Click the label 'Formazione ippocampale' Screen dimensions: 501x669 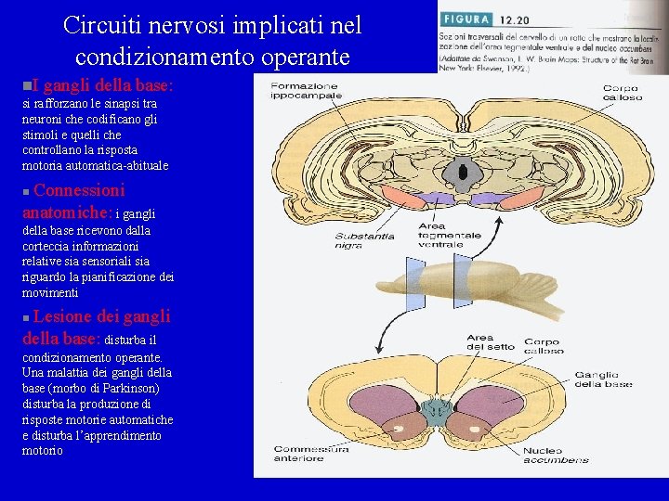coord(306,91)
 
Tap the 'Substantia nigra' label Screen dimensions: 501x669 coord(364,239)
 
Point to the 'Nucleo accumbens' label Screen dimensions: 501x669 coord(556,455)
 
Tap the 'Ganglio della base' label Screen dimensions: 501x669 coord(603,379)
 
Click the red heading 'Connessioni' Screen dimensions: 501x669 coord(79,191)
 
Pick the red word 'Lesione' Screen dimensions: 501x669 coord(64,316)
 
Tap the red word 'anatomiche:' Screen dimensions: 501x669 coord(66,212)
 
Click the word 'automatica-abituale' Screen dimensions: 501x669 coord(116,166)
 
